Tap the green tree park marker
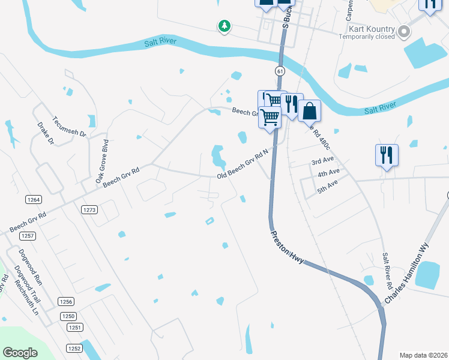[224, 26]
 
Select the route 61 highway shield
[280, 71]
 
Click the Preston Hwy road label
[288, 247]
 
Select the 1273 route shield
[89, 209]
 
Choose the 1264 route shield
[34, 199]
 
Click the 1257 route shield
[28, 236]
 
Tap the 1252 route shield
[74, 348]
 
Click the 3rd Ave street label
[322, 162]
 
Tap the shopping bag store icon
[310, 111]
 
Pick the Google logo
[20, 353]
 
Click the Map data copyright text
[424, 355]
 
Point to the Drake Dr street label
[46, 134]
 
